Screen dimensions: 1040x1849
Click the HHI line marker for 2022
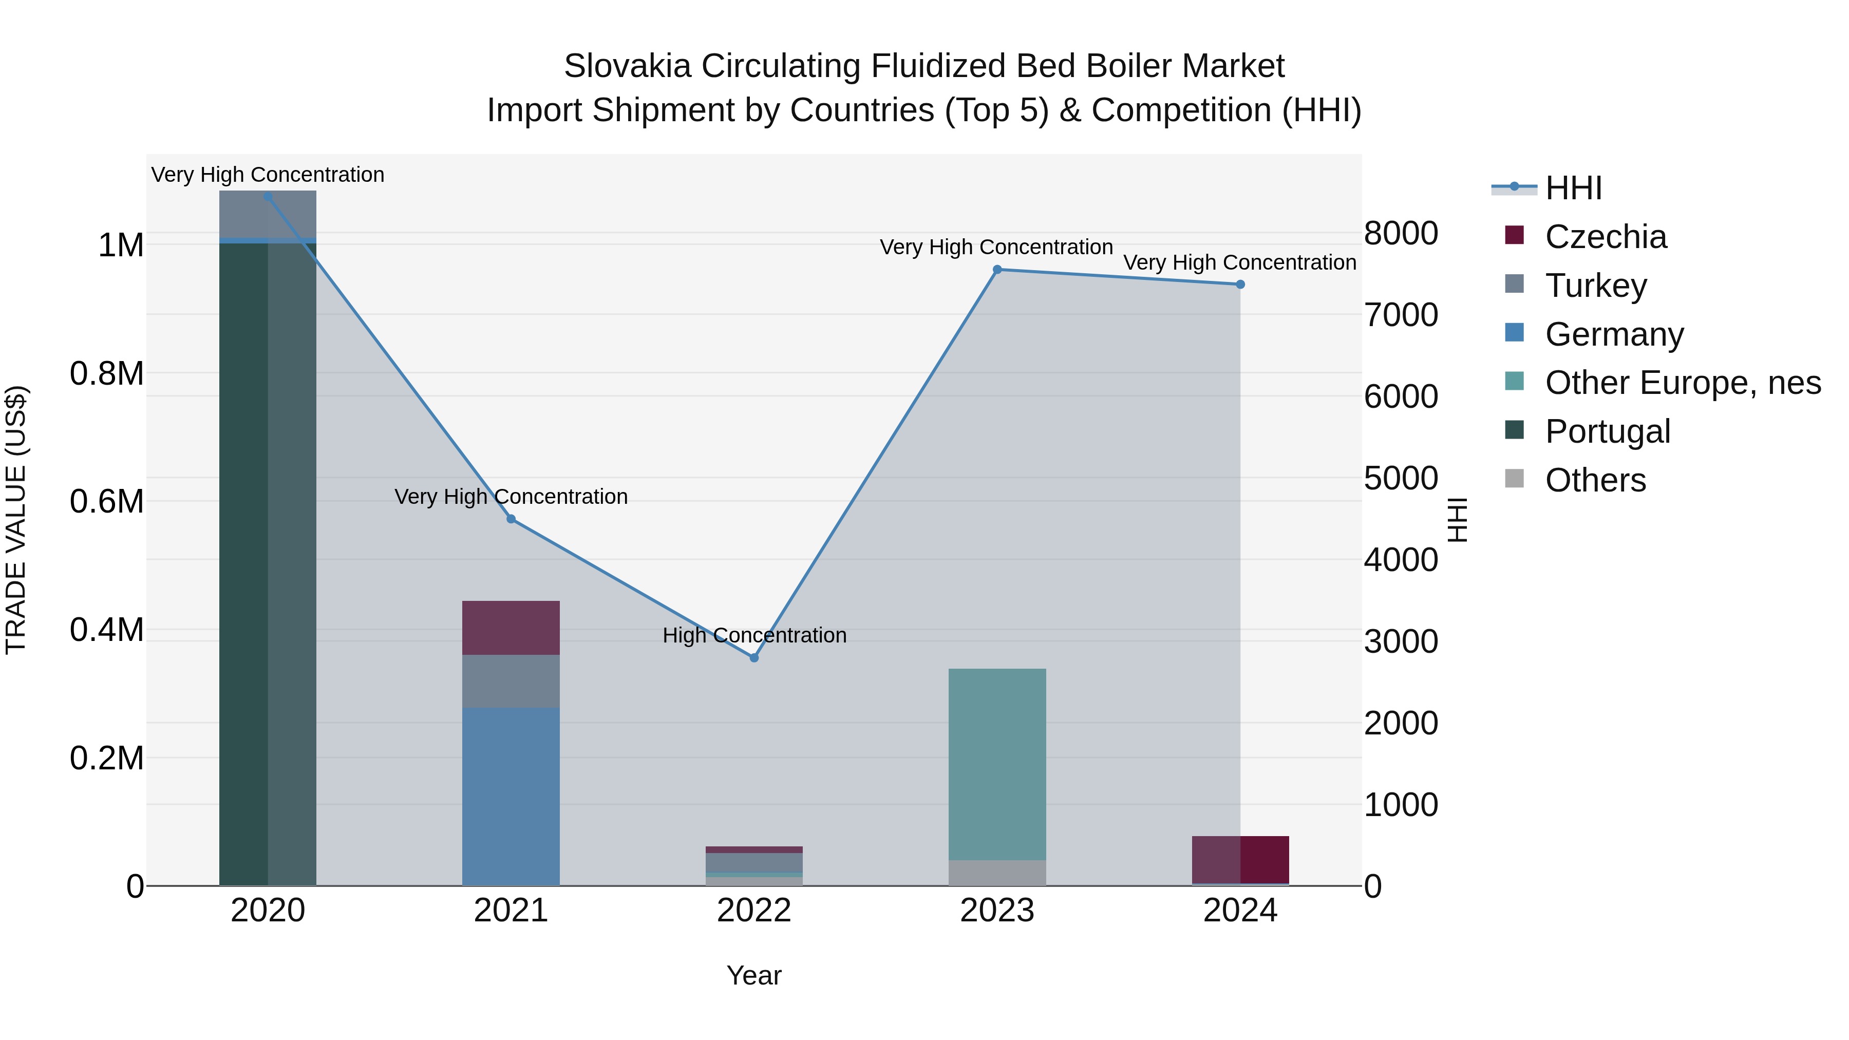point(753,657)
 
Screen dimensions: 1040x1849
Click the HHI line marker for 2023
point(997,270)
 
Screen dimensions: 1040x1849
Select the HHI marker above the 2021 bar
point(511,519)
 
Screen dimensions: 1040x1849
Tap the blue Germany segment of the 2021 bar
point(511,797)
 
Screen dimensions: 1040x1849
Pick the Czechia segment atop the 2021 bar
point(511,627)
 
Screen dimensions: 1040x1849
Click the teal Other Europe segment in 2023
point(997,764)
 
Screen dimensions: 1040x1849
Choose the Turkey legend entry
point(1596,286)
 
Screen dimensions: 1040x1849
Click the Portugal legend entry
point(1607,431)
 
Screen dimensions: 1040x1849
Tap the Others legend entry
point(1595,480)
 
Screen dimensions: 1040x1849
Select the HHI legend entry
point(1573,188)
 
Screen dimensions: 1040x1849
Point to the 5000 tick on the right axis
point(1401,478)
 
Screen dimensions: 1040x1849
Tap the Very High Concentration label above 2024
point(1240,262)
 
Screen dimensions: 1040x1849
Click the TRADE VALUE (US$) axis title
point(16,520)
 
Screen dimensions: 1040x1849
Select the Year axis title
point(753,975)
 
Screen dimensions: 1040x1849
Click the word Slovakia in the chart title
point(627,66)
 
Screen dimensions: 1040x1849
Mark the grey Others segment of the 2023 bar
point(997,873)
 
